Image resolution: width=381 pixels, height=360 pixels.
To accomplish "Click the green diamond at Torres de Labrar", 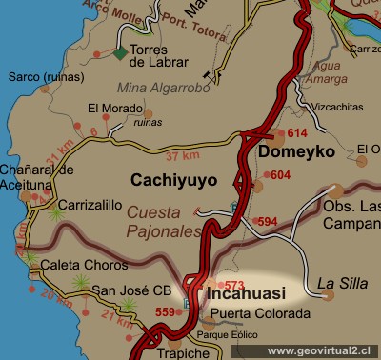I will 119,53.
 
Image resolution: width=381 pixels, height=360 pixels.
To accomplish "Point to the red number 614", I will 298,134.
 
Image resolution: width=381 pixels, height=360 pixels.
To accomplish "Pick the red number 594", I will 268,222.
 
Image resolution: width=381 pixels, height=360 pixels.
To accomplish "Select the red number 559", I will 166,311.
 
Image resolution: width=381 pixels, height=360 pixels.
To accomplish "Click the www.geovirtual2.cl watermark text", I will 322,350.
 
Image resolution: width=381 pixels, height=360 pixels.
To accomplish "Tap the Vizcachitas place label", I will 322,109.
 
